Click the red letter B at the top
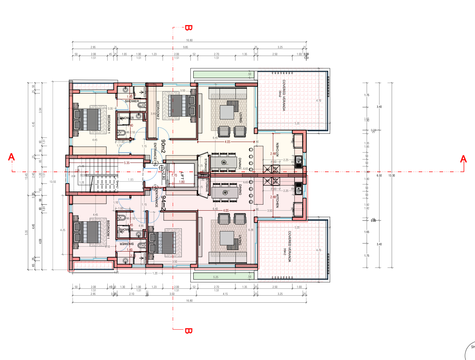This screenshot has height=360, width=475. [188, 28]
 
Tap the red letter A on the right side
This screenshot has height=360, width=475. [464, 158]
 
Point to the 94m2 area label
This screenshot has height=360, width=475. [163, 203]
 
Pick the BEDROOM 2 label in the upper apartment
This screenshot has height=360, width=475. [157, 110]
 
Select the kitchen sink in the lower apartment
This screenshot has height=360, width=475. [299, 189]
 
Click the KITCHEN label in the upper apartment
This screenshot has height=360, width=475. [277, 150]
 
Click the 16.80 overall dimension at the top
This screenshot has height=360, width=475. [189, 40]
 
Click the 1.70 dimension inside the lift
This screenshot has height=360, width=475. [174, 175]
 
